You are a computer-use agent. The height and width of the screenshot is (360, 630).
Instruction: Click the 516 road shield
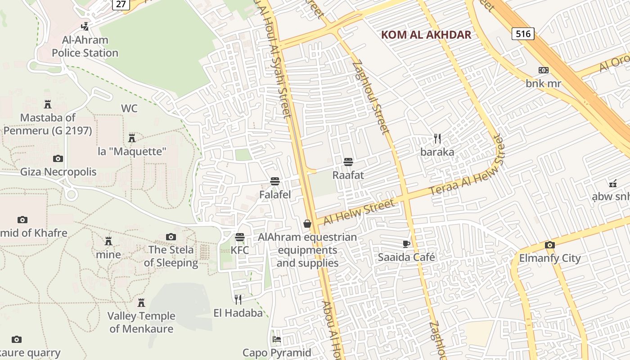[x=522, y=34]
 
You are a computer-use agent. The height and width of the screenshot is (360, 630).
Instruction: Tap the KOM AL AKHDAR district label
[x=426, y=35]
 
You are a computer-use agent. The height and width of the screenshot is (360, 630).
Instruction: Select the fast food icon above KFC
[x=240, y=237]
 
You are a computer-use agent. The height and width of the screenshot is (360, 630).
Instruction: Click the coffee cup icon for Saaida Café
[x=406, y=244]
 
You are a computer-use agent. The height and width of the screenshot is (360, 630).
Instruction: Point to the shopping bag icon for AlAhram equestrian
[x=307, y=223]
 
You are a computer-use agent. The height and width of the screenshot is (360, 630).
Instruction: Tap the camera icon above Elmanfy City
[x=549, y=245]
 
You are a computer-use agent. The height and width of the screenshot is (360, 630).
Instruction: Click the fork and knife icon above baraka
[x=437, y=139]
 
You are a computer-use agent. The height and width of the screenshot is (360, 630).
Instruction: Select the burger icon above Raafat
[x=348, y=162]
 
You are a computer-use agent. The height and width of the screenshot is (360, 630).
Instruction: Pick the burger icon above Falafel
[x=275, y=181]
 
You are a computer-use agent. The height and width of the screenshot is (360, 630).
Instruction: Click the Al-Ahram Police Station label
[x=85, y=46]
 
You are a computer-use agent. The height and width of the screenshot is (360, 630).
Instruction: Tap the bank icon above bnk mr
[x=543, y=70]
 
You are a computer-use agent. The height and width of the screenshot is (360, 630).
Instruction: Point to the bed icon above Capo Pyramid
[x=276, y=339]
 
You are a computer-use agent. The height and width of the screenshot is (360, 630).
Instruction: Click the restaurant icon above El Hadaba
[x=238, y=299]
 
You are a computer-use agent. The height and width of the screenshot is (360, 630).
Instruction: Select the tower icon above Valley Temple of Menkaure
[x=141, y=302]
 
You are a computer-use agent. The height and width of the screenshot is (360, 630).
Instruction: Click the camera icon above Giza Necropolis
[x=58, y=158]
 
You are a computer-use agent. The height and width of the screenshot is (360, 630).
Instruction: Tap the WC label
[x=129, y=108]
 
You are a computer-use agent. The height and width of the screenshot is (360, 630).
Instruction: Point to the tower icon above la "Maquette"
[x=132, y=138]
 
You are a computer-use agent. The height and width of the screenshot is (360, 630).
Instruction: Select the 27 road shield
[x=121, y=4]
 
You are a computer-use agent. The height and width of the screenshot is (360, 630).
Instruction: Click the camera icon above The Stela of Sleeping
[x=171, y=237]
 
